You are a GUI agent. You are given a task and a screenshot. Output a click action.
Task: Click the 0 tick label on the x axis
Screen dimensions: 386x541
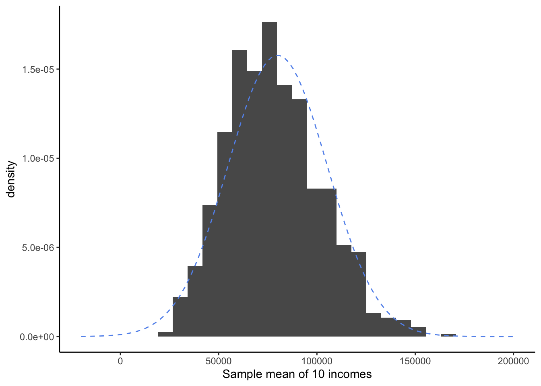tap(120, 361)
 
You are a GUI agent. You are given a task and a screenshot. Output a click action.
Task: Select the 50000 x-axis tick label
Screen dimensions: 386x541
tap(219, 361)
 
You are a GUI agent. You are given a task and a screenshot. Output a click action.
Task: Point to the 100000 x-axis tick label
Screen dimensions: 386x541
tap(317, 361)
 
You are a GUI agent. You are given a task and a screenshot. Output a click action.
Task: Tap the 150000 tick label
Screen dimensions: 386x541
tap(415, 361)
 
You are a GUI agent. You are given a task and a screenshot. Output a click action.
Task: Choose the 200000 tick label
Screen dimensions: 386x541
tap(513, 361)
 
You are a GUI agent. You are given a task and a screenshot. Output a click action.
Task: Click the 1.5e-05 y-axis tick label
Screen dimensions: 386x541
tap(38, 70)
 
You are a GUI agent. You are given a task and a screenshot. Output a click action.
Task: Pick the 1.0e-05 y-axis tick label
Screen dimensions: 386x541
tap(38, 158)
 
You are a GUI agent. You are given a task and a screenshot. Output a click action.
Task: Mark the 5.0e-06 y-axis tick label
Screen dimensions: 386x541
tap(38, 248)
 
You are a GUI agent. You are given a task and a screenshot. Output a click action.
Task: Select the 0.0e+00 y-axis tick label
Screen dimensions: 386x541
tap(37, 337)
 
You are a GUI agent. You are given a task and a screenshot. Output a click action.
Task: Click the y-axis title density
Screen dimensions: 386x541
tap(11, 179)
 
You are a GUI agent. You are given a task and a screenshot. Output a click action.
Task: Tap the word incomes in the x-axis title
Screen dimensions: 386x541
tap(350, 374)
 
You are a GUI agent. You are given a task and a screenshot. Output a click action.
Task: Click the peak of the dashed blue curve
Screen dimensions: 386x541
tap(277, 56)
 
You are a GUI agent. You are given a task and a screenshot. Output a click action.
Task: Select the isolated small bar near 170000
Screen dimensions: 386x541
tap(448, 335)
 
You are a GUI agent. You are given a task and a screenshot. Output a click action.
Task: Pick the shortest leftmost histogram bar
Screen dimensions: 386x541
tap(165, 334)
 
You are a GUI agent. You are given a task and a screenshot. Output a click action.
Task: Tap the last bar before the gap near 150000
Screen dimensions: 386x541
tap(418, 332)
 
